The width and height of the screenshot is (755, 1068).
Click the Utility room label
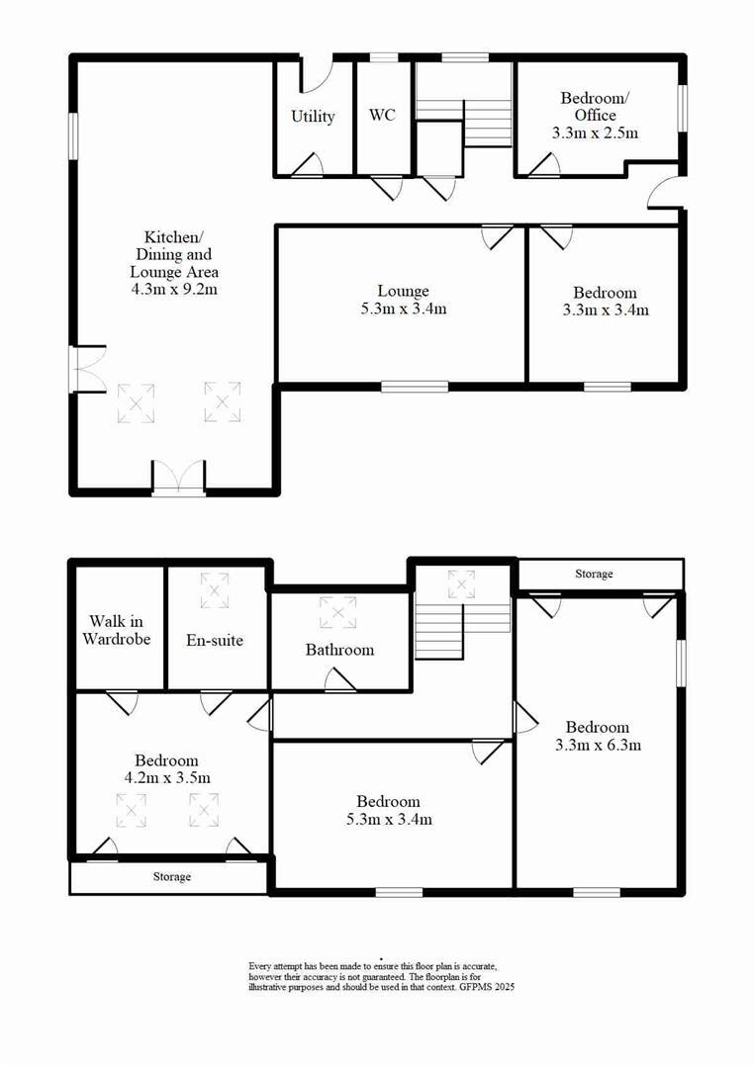[x=313, y=117]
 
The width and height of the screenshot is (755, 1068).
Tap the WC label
[x=382, y=116]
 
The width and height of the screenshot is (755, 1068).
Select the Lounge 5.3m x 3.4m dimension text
[x=403, y=310]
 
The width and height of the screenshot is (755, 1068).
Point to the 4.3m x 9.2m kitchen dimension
[x=174, y=290]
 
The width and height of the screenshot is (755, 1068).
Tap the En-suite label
[x=215, y=640]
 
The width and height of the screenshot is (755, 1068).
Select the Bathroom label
[x=339, y=650]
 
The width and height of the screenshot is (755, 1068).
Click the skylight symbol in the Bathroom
[x=338, y=613]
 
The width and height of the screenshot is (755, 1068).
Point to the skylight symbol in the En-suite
[x=215, y=590]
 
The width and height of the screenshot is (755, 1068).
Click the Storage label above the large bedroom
[x=594, y=574]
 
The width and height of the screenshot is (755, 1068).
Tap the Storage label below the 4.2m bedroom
[x=171, y=877]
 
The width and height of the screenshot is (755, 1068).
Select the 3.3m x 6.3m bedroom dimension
[x=598, y=745]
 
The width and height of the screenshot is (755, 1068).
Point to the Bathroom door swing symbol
[x=338, y=679]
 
